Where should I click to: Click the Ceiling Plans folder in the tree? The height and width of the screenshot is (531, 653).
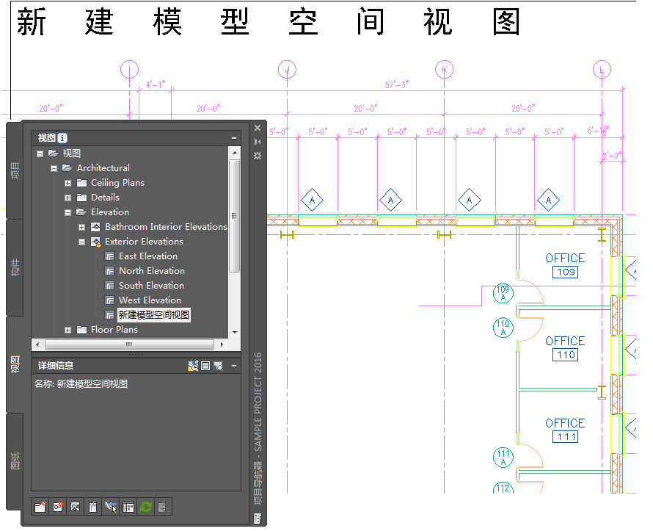(117, 183)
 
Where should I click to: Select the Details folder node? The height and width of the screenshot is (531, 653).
(105, 198)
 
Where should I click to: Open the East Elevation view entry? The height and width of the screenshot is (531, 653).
(147, 256)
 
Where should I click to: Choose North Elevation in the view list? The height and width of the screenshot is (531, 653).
(151, 271)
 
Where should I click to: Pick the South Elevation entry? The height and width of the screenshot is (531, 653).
(151, 286)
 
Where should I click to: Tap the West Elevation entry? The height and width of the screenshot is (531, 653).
(150, 300)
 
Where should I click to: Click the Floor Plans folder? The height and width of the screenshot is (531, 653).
(114, 330)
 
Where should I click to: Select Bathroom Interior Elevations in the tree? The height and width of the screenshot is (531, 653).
(166, 227)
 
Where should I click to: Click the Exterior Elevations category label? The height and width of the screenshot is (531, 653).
(144, 242)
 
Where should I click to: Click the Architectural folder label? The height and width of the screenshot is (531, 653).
(103, 168)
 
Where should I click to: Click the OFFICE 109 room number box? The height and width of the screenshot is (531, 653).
(565, 272)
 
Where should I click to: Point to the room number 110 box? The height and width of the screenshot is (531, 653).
(565, 355)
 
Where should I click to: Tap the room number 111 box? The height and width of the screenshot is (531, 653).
(565, 437)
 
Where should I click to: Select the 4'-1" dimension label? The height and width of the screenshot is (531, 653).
(156, 85)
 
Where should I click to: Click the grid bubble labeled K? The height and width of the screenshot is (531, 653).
(445, 70)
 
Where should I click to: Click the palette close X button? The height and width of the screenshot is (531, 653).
(258, 128)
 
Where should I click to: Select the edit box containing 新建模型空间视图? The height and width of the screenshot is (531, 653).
(154, 315)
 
